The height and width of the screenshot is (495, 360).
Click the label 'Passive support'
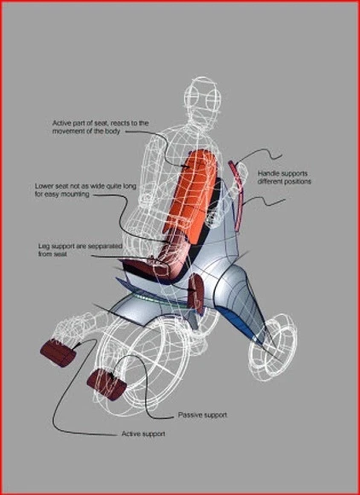click(x=202, y=415)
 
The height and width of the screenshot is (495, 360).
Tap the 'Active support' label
click(x=143, y=434)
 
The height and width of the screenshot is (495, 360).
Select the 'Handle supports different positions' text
click(x=284, y=178)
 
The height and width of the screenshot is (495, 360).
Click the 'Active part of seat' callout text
click(x=101, y=127)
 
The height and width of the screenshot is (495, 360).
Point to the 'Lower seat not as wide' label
click(x=85, y=190)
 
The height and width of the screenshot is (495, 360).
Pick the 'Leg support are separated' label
click(x=80, y=250)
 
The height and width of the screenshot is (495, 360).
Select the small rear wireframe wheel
click(x=272, y=346)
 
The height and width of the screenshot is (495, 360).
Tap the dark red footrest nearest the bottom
click(x=107, y=384)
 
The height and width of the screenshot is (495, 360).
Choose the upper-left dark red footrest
click(x=58, y=352)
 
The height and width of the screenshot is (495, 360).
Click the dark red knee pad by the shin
click(x=196, y=294)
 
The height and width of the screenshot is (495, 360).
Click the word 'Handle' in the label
click(x=268, y=173)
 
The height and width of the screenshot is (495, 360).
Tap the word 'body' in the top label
click(x=113, y=131)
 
